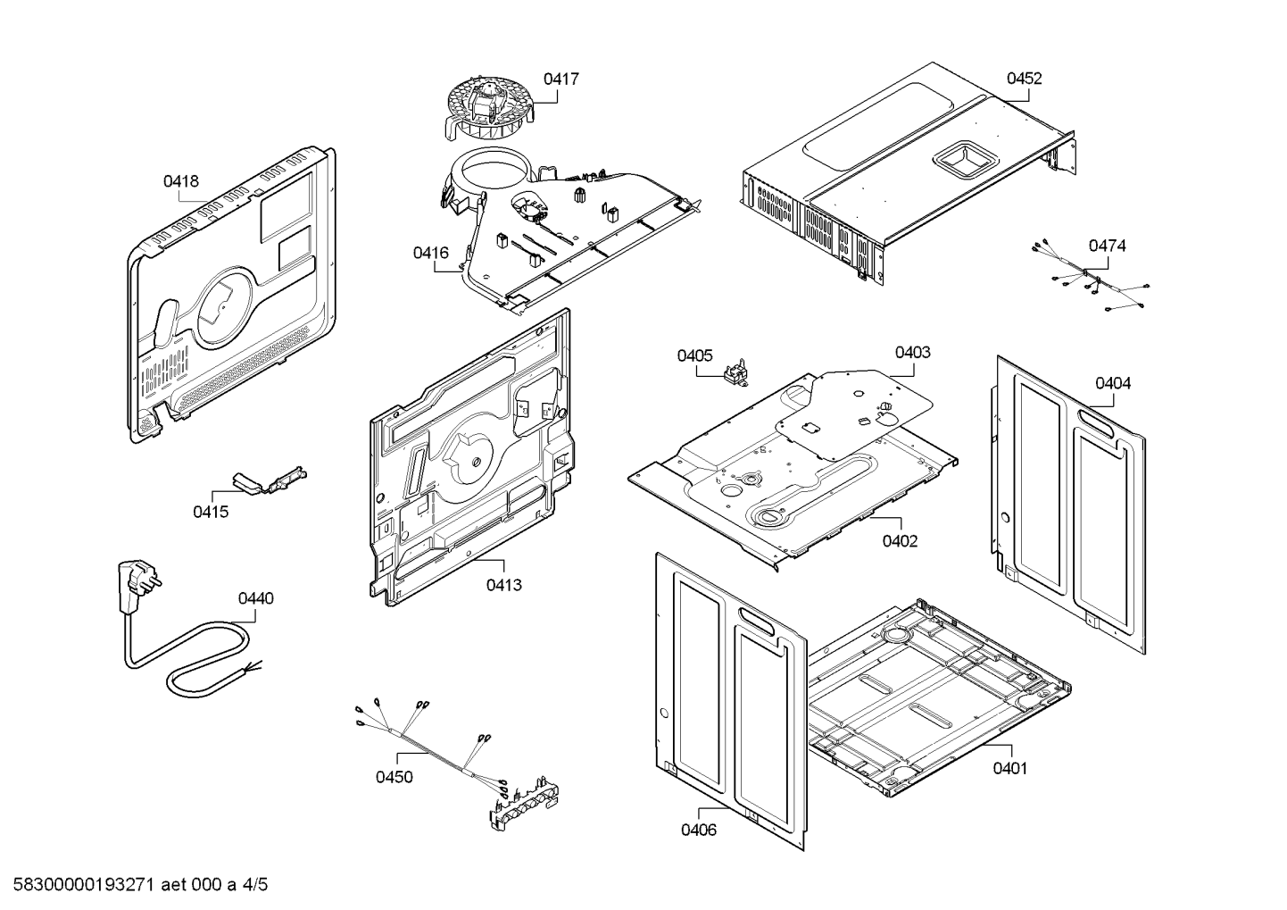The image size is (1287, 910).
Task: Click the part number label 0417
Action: tap(560, 79)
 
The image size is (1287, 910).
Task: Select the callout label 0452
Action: tap(1024, 79)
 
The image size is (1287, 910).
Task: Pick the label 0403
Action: tap(912, 352)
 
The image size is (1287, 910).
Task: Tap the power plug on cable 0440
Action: tap(131, 585)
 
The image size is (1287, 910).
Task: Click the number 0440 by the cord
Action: tap(255, 598)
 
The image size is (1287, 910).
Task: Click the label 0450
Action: tap(394, 777)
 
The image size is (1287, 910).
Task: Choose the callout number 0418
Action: tap(180, 181)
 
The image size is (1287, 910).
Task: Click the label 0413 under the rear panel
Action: tap(503, 585)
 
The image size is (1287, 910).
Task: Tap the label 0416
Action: tap(430, 253)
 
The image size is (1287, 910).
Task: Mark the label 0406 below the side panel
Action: tap(698, 831)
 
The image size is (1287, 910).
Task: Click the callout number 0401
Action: tap(1009, 768)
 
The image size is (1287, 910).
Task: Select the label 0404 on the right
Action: tap(1113, 383)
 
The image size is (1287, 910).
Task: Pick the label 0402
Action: tap(900, 541)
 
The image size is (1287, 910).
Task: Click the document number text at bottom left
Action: tap(134, 886)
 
